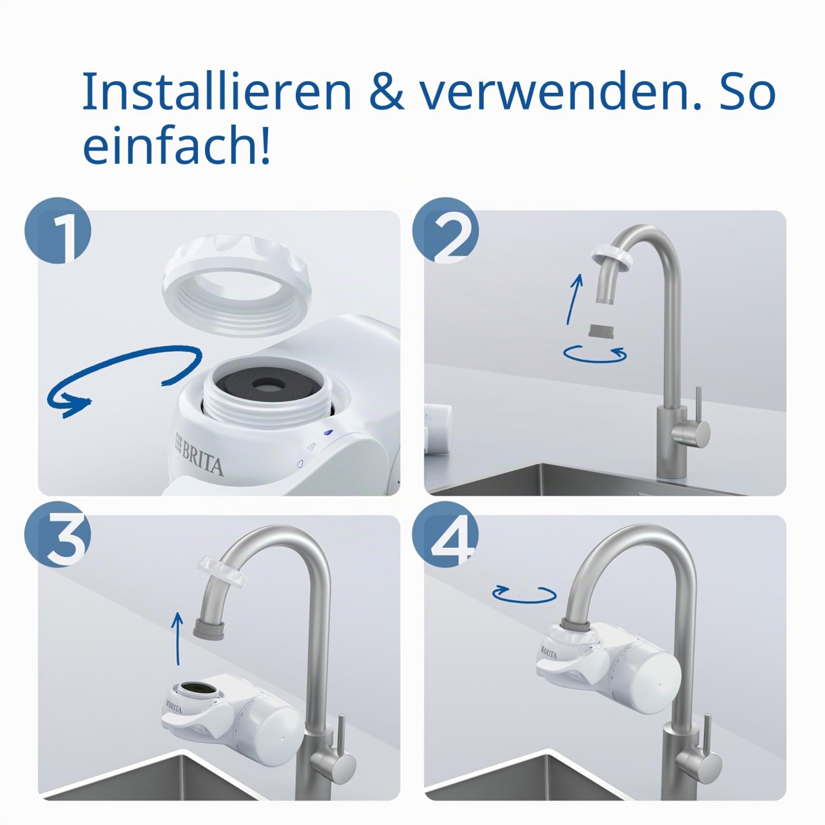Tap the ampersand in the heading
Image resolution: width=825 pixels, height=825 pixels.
(x=387, y=92)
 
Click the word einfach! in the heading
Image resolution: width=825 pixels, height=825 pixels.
(x=177, y=145)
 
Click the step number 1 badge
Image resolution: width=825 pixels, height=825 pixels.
(x=58, y=230)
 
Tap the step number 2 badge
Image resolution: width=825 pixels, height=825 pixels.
(x=445, y=230)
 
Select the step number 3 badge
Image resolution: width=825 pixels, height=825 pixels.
(x=58, y=535)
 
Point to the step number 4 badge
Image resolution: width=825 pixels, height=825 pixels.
(x=445, y=535)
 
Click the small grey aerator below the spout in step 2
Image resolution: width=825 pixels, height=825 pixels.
(x=601, y=331)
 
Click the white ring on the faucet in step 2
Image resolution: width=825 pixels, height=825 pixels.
(x=613, y=258)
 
